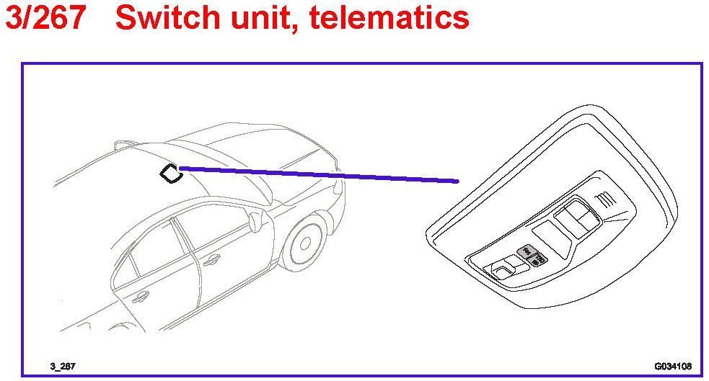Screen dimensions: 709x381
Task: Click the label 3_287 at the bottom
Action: pyautogui.click(x=62, y=367)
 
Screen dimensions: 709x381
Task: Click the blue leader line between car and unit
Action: pyautogui.click(x=317, y=174)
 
